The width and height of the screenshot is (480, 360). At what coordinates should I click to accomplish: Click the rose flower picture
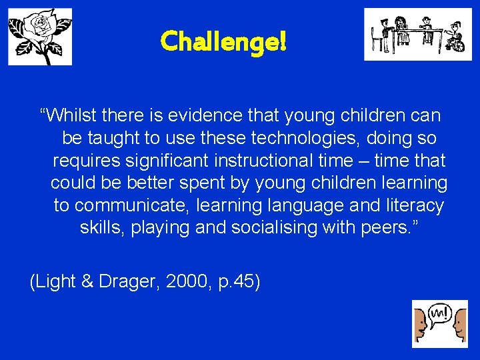point(40,37)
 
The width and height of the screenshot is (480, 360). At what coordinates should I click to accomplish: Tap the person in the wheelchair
point(455,39)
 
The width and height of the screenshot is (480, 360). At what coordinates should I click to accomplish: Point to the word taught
point(111,138)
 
